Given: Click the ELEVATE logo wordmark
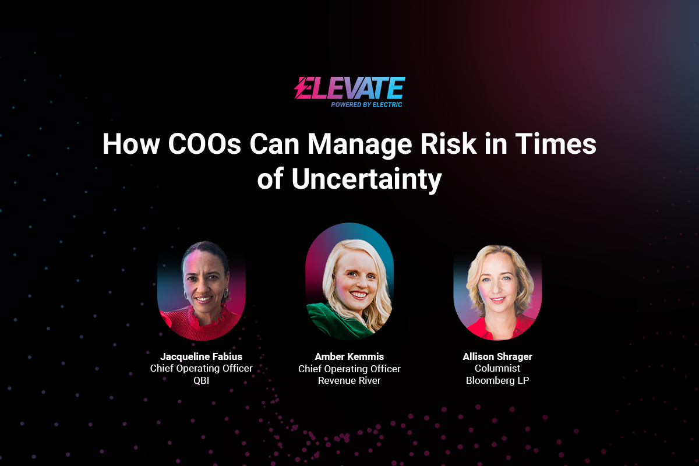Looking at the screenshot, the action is [349, 88].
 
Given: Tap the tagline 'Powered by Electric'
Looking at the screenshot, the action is [366, 105].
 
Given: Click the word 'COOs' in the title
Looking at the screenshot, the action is [204, 144].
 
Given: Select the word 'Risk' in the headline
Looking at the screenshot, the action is [449, 144].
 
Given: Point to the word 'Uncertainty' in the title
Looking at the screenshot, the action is [366, 179].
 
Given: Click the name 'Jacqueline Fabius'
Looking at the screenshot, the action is [202, 356].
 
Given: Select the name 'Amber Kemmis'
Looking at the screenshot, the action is [349, 356].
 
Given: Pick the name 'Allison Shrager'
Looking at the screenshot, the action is [497, 356].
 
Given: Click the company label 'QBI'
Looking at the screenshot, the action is [202, 380].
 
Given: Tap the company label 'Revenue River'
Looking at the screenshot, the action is [349, 380].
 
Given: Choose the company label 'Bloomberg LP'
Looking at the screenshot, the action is [497, 380].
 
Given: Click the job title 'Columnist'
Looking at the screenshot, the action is [497, 368].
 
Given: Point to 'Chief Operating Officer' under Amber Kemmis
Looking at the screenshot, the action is [349, 369].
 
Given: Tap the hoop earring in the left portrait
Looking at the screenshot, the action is [225, 294].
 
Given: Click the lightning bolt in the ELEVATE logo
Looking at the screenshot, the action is [302, 88].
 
